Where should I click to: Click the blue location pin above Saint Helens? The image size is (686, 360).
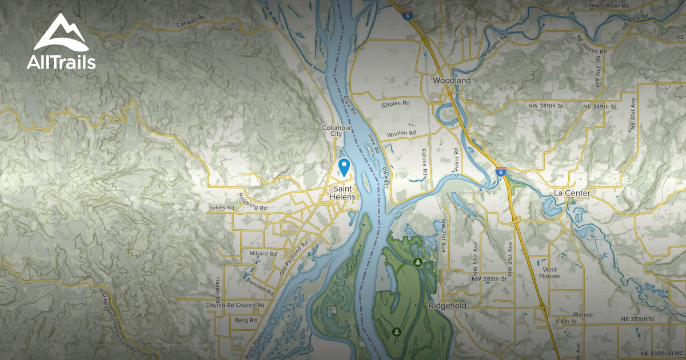click(344, 166)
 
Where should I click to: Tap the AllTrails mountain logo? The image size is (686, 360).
click(60, 34)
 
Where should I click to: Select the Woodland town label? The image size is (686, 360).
click(452, 81)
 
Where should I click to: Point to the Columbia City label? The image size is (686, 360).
click(336, 131)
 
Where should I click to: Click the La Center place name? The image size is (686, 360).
click(572, 193)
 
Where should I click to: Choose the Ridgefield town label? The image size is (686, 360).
click(447, 306)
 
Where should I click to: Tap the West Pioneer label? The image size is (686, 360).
click(551, 273)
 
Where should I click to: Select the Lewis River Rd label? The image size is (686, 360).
click(608, 5)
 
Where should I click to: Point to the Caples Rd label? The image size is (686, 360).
click(396, 103)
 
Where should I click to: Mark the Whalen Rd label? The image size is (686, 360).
click(400, 134)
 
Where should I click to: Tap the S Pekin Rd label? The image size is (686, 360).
click(456, 162)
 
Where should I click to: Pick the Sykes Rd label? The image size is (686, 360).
click(221, 207)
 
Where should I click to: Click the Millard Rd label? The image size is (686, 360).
click(263, 253)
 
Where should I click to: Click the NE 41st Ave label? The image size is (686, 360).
click(633, 113)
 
